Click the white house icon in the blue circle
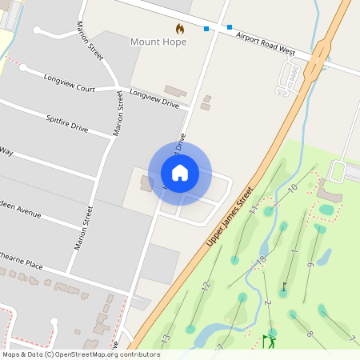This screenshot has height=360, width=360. click(180, 173)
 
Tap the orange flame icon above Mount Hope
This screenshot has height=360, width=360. click(180, 29)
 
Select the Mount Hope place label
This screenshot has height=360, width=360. click(158, 42)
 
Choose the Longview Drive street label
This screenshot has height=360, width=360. click(154, 98)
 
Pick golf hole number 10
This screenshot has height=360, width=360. click(293, 188)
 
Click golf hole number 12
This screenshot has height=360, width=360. click(206, 286)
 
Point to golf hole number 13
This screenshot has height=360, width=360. click(166, 339)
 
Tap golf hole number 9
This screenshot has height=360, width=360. click(310, 265)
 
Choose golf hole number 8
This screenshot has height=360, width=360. click(310, 334)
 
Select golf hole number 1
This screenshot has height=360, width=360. click(294, 253)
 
